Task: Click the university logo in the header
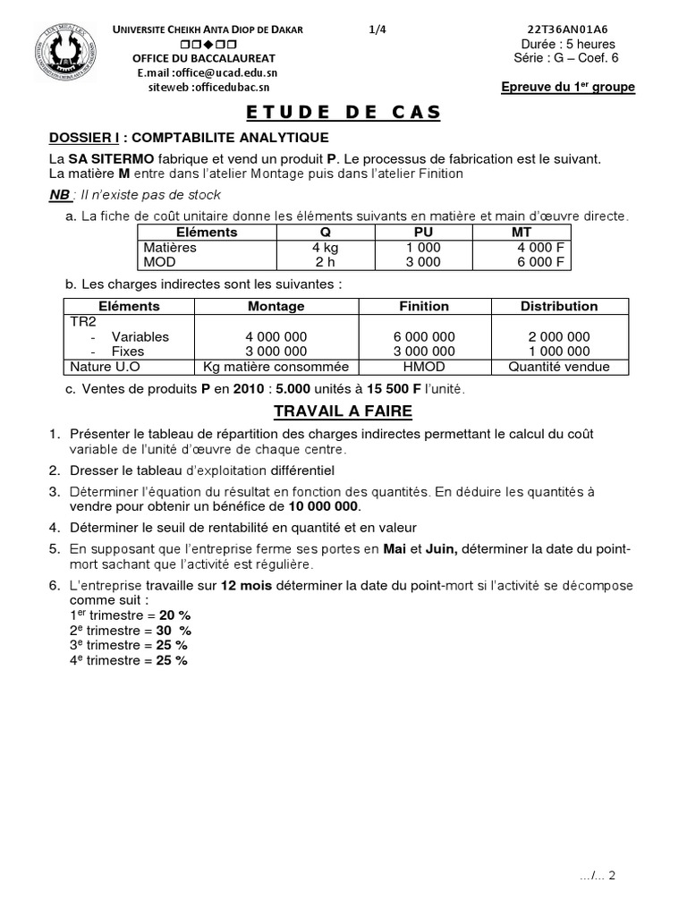click(x=68, y=53)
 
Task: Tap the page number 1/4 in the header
click(x=377, y=30)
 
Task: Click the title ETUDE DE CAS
click(x=343, y=112)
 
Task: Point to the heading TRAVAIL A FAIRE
click(x=343, y=411)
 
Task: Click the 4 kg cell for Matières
click(x=324, y=247)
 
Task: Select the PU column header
click(x=422, y=232)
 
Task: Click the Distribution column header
click(x=559, y=306)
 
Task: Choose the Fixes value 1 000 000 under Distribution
click(x=559, y=352)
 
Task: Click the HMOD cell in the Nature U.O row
click(x=424, y=367)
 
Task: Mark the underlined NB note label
click(x=60, y=194)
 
